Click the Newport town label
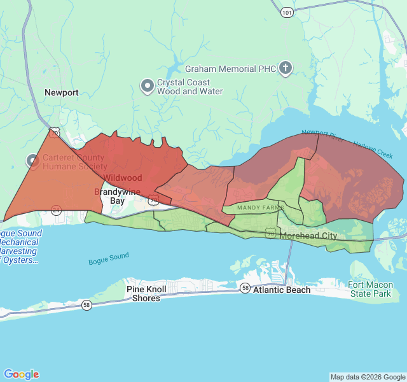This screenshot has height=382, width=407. click(x=62, y=92)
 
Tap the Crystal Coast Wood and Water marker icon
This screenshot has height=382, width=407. click(x=148, y=85)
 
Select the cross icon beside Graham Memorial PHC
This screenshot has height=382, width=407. click(x=286, y=67)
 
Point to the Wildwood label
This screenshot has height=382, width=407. click(x=123, y=178)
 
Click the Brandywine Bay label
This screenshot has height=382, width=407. click(x=118, y=196)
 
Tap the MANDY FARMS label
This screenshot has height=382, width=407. click(x=260, y=208)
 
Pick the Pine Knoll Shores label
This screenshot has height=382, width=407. click(x=147, y=294)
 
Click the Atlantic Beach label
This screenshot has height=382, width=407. click(x=282, y=290)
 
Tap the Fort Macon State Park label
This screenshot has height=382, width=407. click(x=370, y=289)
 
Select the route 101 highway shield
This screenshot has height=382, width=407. click(x=287, y=11)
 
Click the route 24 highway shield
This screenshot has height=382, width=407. click(x=57, y=210)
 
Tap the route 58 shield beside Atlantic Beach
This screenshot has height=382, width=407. click(x=245, y=288)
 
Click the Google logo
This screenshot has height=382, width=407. click(x=21, y=374)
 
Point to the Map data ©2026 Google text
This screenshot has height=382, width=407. click(x=367, y=377)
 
